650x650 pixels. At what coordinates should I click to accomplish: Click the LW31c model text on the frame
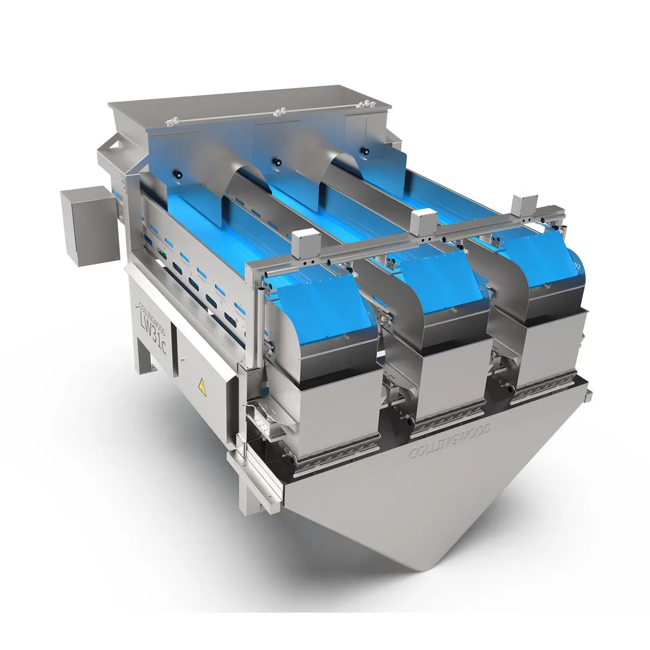[x=153, y=331]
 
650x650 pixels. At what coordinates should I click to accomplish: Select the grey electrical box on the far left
[x=90, y=226]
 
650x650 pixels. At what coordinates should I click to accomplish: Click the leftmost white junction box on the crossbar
[x=306, y=243]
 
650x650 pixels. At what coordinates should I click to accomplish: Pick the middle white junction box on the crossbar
[x=424, y=222]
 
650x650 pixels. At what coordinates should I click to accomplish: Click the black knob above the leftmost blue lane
[x=178, y=175]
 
